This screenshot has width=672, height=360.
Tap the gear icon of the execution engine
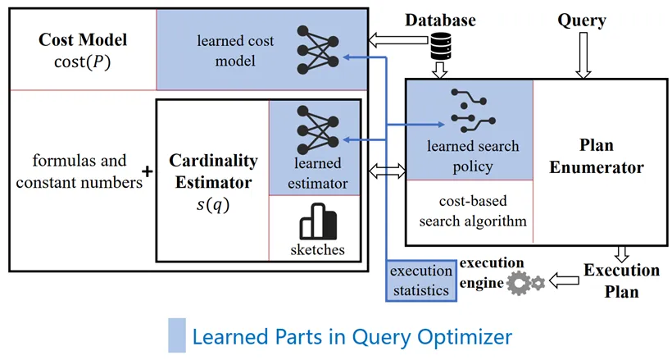click(x=521, y=284)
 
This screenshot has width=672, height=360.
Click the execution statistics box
click(x=420, y=280)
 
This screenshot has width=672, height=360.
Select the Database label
click(x=440, y=19)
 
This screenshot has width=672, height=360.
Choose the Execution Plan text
click(x=621, y=280)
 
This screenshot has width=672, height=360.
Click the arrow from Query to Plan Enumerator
click(x=582, y=57)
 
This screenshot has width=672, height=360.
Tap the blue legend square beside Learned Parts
click(x=176, y=335)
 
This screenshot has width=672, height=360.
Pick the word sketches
click(x=316, y=248)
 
